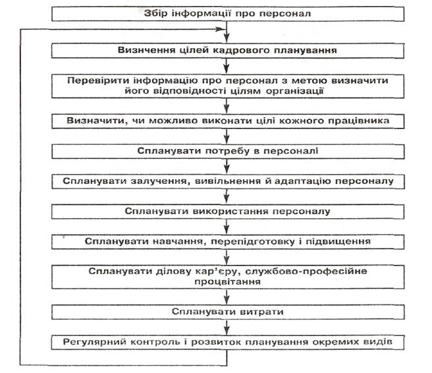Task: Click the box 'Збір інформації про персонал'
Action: click(227, 13)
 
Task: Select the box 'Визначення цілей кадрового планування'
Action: click(227, 50)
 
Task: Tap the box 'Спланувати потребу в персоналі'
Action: click(227, 151)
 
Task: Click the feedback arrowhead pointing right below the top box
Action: click(220, 30)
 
